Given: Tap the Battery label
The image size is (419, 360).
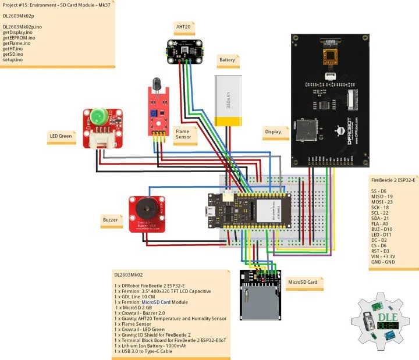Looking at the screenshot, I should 226,60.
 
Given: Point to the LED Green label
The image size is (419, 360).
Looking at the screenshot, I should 61,137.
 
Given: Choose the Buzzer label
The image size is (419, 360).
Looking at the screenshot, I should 110,220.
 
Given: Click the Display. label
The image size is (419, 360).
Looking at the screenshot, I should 276,132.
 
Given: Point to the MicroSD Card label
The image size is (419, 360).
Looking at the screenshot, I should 303,282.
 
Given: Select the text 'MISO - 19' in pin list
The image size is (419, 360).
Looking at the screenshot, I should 382,197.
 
